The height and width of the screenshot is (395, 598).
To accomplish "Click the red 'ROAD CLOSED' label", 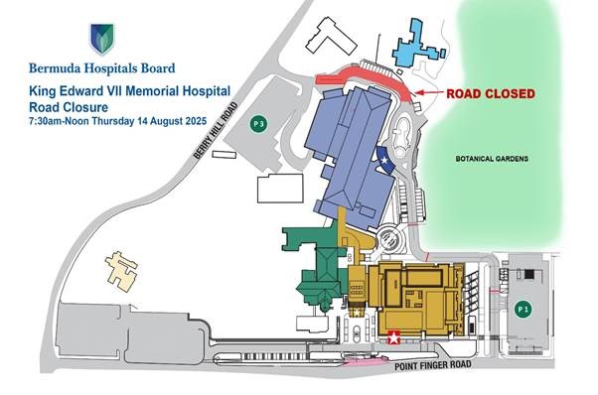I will [490, 93].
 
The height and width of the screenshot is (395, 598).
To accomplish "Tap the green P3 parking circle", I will [259, 124].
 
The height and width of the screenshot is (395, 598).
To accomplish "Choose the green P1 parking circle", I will [525, 309].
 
